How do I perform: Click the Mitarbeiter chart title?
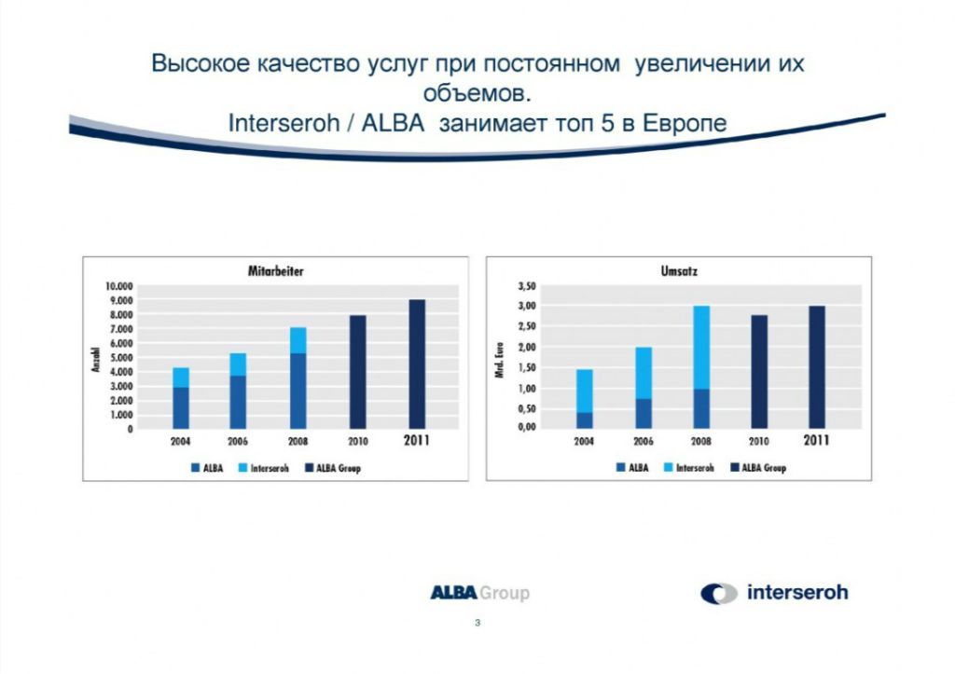click(x=275, y=271)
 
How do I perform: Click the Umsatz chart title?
click(x=679, y=271)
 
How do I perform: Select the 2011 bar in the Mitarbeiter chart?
click(x=417, y=365)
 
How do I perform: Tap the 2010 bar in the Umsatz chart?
click(x=759, y=371)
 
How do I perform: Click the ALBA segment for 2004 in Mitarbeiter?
click(x=181, y=408)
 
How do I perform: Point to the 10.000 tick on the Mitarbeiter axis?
click(x=118, y=286)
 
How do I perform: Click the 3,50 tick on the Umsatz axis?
click(x=527, y=286)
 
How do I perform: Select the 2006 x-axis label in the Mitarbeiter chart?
click(x=238, y=442)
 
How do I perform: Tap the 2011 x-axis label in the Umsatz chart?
click(x=816, y=440)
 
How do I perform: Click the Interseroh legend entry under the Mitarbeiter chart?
click(x=264, y=468)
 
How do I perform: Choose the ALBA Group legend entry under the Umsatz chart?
click(x=758, y=468)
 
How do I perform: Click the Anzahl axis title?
click(x=96, y=360)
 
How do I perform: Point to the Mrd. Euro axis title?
click(x=500, y=360)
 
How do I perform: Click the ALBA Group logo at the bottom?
click(x=480, y=592)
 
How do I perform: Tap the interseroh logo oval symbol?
click(x=719, y=594)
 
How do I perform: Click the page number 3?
click(x=477, y=623)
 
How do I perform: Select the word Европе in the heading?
click(x=685, y=124)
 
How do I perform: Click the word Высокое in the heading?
click(x=201, y=63)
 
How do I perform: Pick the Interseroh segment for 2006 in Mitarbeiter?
click(x=238, y=365)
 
